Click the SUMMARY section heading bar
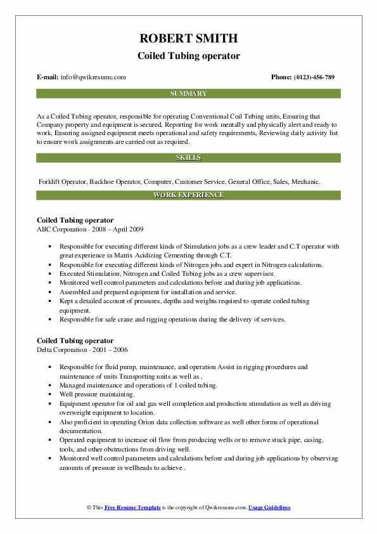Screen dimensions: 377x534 tap(188, 94)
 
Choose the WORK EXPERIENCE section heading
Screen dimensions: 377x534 tap(188, 195)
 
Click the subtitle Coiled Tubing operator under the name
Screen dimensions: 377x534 tap(188, 56)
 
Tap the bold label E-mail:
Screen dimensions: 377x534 tap(48, 77)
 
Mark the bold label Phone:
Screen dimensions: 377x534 tap(281, 77)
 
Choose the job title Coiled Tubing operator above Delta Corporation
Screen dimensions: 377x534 tap(75, 341)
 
